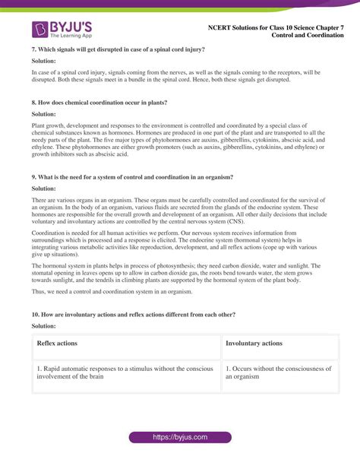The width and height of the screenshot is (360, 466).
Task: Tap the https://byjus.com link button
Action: (x=180, y=438)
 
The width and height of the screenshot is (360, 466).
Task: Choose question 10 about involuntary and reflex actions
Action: (x=133, y=313)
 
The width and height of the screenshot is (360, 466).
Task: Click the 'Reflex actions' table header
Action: (x=57, y=344)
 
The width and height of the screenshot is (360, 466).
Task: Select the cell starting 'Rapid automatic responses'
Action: (x=125, y=372)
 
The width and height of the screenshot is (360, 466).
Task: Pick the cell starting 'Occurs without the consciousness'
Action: (x=279, y=372)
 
